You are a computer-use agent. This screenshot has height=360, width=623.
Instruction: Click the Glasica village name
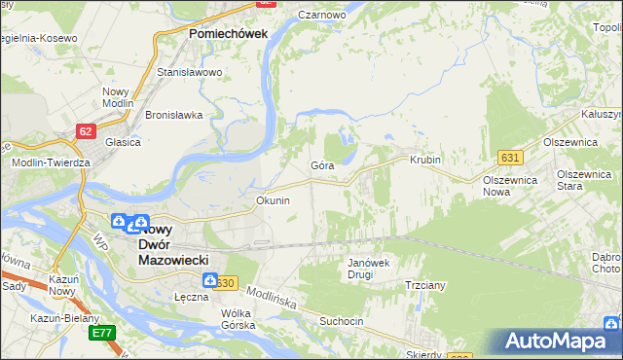coord(124,141)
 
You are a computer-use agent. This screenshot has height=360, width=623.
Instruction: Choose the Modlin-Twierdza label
coord(51,162)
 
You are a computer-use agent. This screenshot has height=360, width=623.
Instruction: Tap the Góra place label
coord(322,165)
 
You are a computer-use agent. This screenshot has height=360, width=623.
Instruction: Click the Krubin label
coord(425,160)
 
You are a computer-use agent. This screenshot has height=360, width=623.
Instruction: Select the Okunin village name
coord(273,200)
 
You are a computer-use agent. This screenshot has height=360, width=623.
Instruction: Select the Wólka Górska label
coord(238,319)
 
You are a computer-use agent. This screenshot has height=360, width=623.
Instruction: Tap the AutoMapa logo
coord(559,342)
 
